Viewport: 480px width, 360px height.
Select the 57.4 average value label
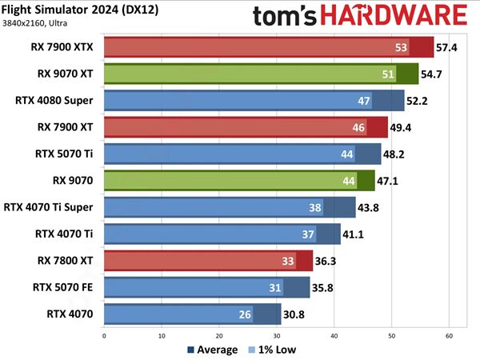coord(446,48)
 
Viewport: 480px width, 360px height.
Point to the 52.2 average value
coord(418,101)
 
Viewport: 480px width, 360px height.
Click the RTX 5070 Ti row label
coord(62,154)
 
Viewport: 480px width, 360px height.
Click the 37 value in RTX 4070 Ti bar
coord(309,234)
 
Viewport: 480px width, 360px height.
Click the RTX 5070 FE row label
coord(62,286)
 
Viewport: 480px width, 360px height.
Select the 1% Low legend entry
coord(275,350)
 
